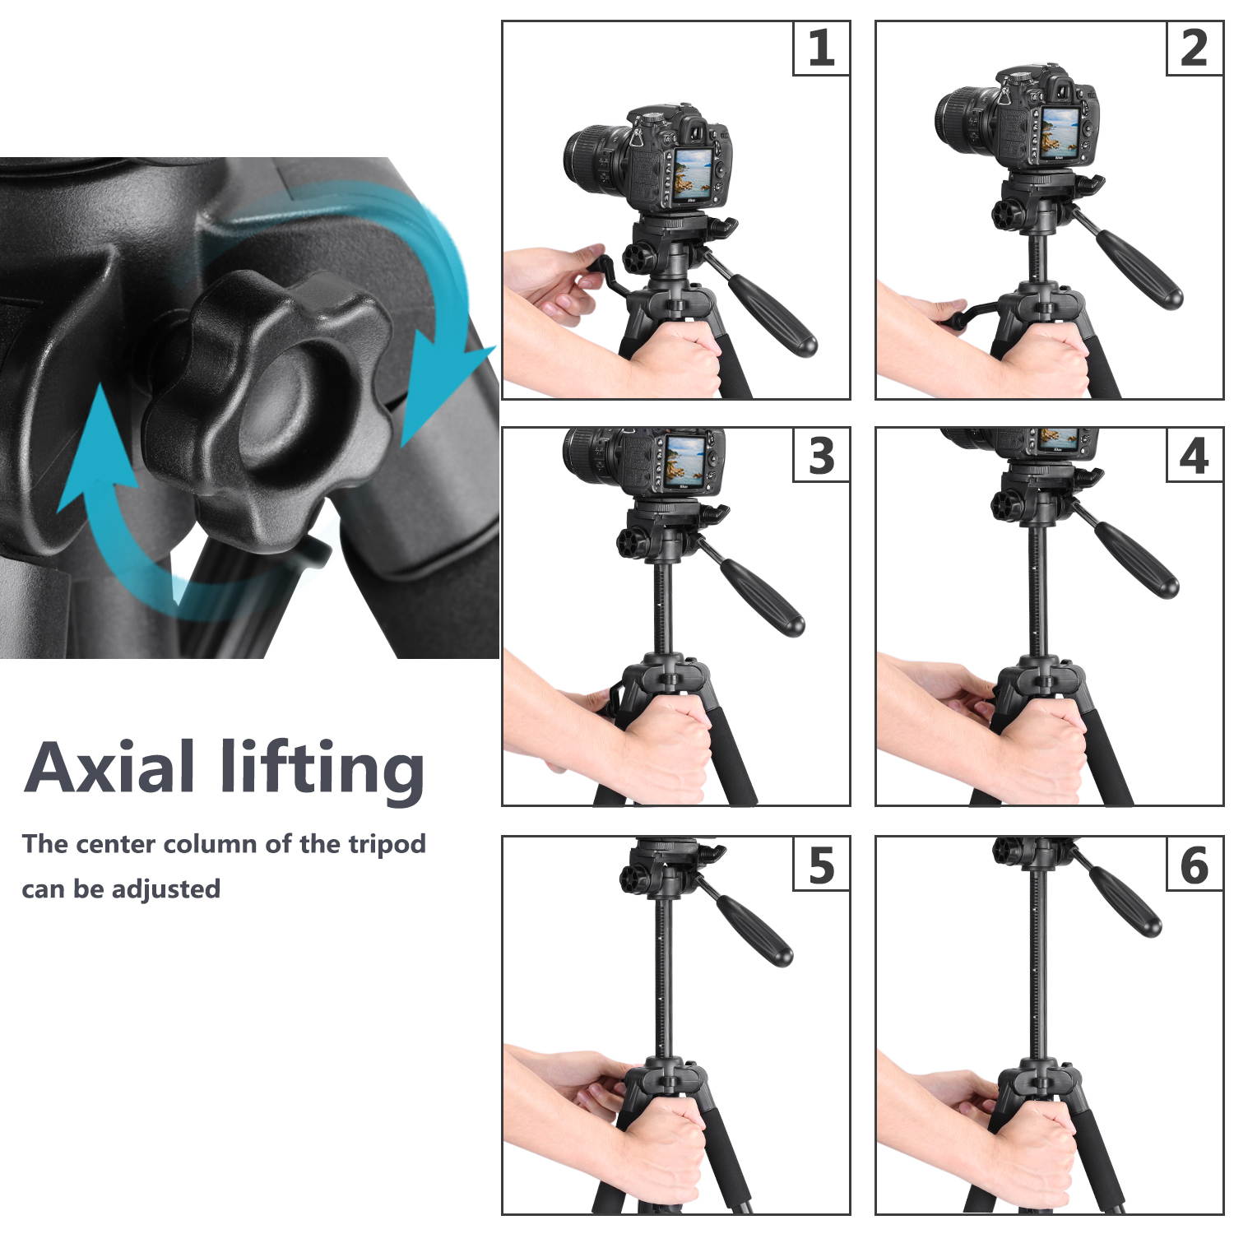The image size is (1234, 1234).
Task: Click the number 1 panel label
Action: click(x=821, y=49)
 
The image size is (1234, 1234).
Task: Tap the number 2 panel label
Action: click(x=1194, y=49)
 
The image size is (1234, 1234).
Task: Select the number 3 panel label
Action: click(x=821, y=455)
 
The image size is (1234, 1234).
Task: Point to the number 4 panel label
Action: click(x=1194, y=455)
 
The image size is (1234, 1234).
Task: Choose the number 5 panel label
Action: click(x=821, y=864)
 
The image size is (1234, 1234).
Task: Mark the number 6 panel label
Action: click(x=1194, y=864)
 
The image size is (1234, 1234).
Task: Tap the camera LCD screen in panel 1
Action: click(x=693, y=175)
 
